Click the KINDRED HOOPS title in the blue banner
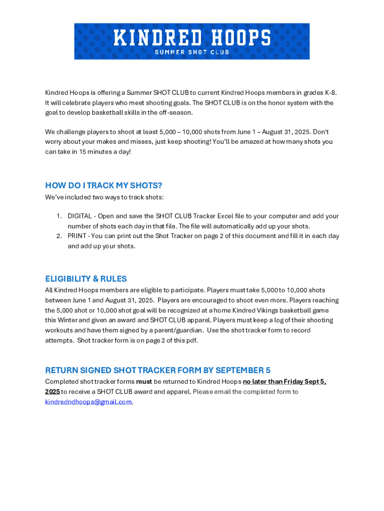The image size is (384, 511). tap(192, 38)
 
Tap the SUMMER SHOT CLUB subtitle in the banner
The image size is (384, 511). tap(192, 52)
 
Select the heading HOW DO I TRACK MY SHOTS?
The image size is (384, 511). tap(104, 186)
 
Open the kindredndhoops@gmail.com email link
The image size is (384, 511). tap(88, 402)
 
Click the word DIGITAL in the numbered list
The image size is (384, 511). tap(80, 216)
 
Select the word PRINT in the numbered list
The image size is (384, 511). tap(77, 236)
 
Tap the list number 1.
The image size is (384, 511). tap(58, 216)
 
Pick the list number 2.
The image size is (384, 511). tap(58, 236)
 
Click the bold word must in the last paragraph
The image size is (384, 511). tap(144, 382)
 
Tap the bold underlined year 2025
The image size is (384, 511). tap(52, 392)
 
